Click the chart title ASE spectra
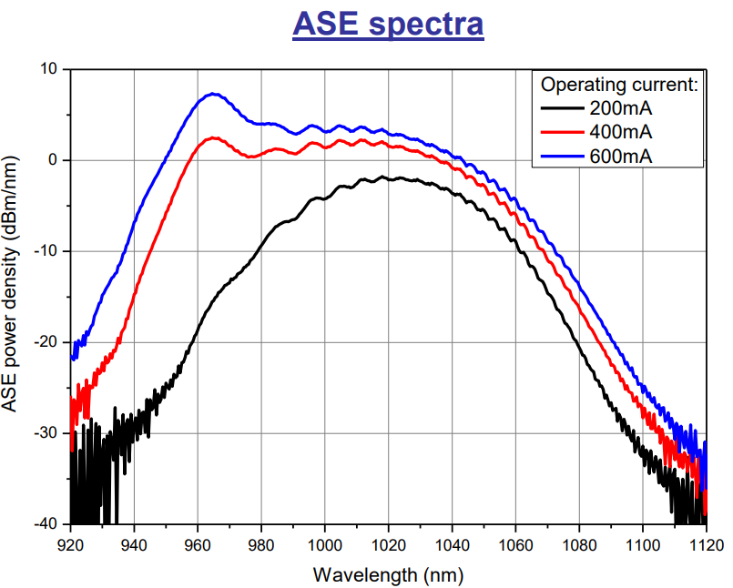(387, 25)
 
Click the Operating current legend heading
(619, 86)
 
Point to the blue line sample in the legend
(562, 157)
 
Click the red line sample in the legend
(562, 134)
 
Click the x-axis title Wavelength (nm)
(389, 575)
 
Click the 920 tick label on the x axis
(71, 545)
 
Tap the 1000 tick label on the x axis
(325, 545)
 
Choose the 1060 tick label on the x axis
(515, 545)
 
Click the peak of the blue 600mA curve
(213, 94)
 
